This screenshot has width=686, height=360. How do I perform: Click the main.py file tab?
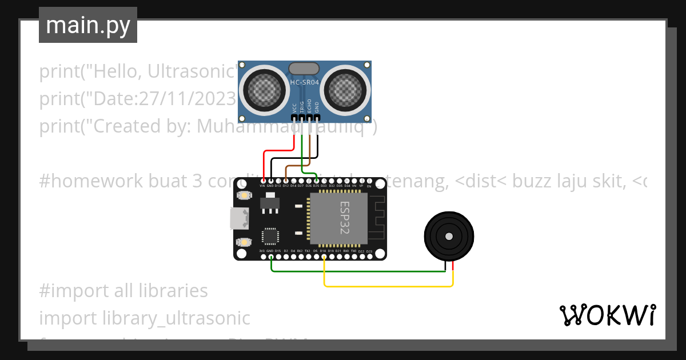(x=88, y=25)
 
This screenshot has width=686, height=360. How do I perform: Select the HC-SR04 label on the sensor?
(x=305, y=82)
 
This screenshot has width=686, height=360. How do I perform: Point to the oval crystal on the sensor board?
(x=304, y=69)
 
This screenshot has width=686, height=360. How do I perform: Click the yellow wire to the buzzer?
(x=389, y=285)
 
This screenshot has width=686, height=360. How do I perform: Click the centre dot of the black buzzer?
(x=449, y=235)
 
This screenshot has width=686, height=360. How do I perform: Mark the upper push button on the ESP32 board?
(x=245, y=195)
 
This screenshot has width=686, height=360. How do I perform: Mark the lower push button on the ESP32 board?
(x=245, y=242)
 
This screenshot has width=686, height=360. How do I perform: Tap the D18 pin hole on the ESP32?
(x=324, y=257)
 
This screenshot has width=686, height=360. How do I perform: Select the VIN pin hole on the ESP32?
(x=263, y=180)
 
